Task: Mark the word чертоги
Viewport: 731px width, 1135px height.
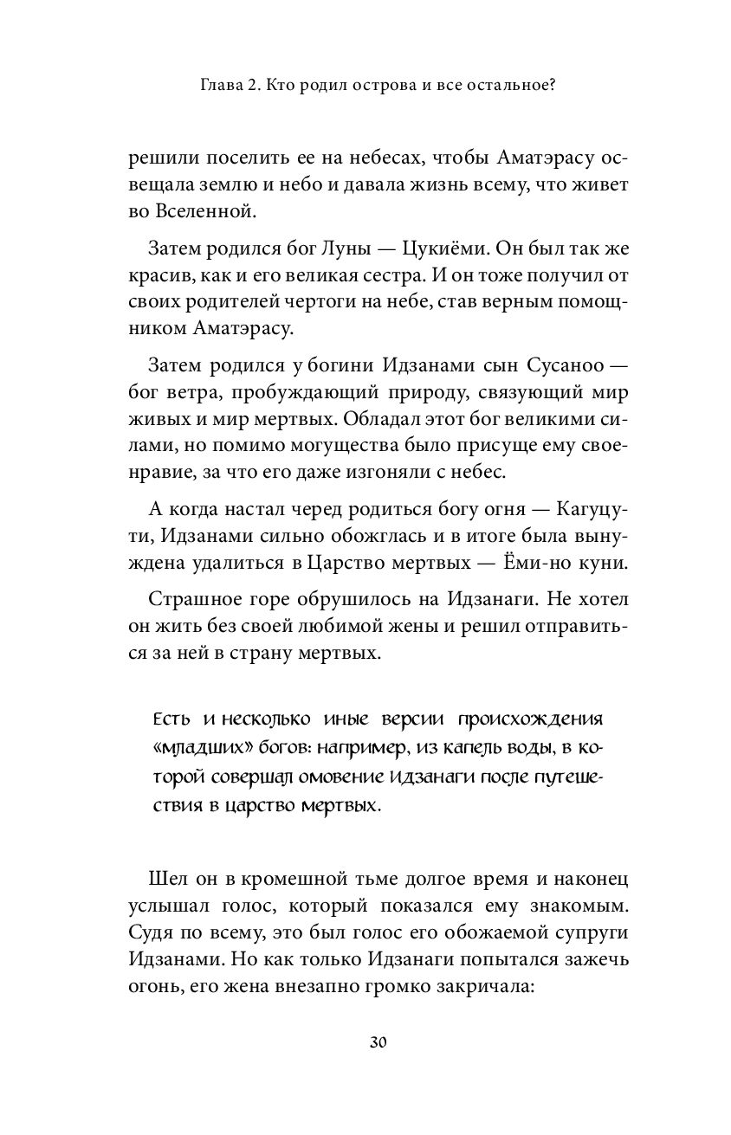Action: click(350, 306)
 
